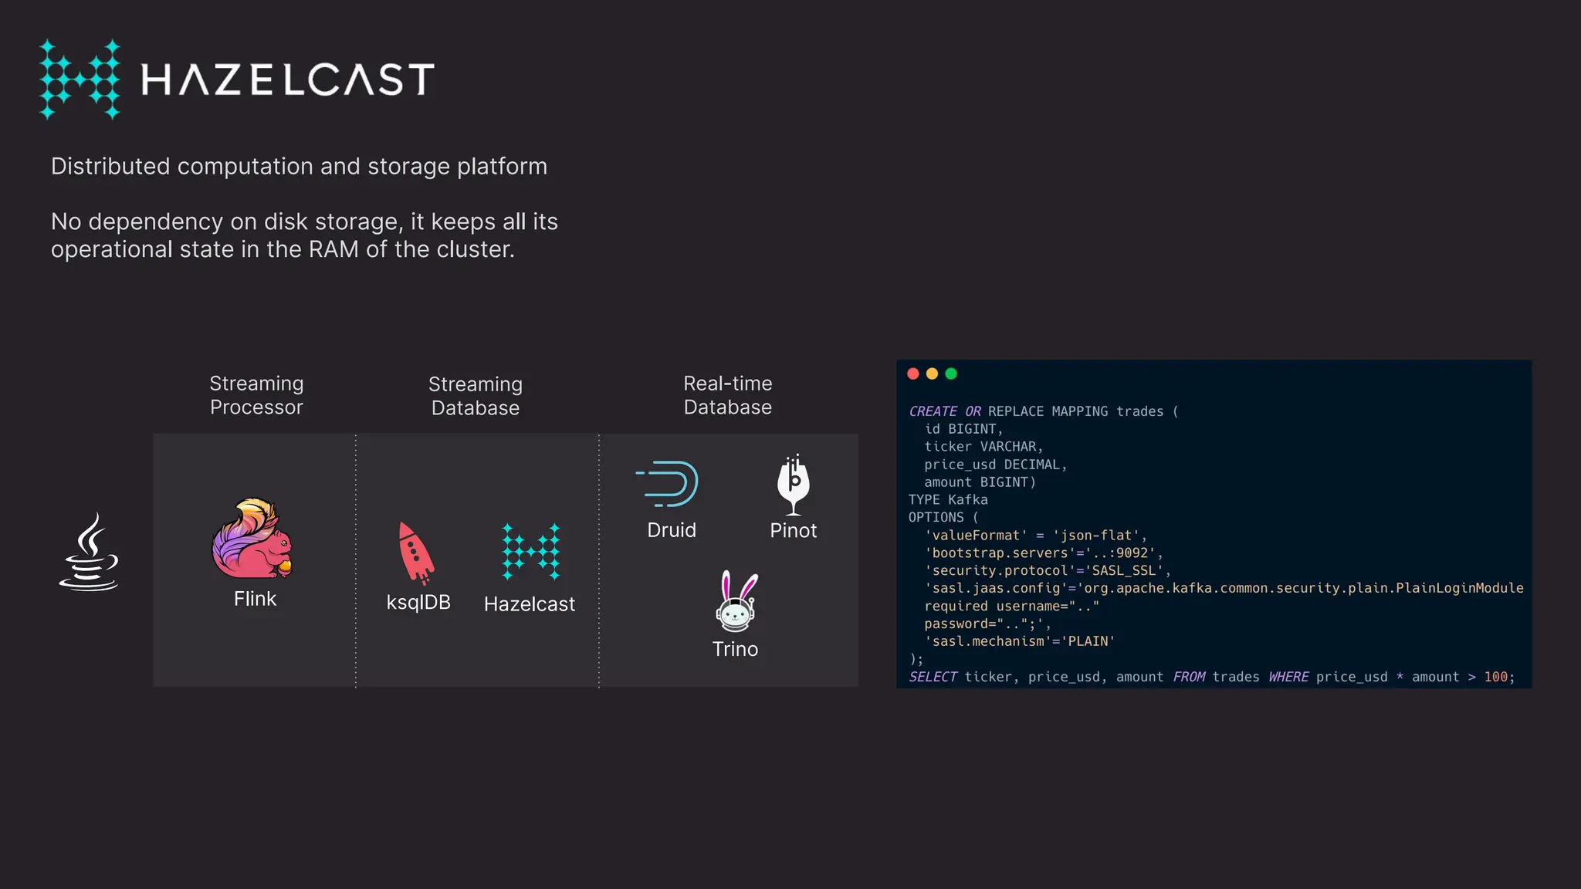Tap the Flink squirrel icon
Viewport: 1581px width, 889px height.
click(x=252, y=539)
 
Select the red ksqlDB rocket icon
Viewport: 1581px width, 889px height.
click(x=415, y=553)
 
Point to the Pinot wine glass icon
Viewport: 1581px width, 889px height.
click(x=793, y=485)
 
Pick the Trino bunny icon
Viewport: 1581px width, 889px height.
click(x=736, y=602)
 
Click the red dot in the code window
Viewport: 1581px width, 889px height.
click(x=913, y=374)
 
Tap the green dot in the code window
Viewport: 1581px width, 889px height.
click(x=951, y=374)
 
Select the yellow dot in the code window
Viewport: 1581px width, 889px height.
click(x=932, y=374)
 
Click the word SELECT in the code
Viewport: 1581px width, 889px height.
click(x=933, y=677)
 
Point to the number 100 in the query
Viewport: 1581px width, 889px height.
click(x=1495, y=677)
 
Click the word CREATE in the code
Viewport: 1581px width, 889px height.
click(x=933, y=411)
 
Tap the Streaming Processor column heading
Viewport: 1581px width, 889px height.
click(x=256, y=395)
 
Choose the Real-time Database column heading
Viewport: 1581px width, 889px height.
click(x=727, y=395)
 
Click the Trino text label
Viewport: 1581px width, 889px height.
click(x=735, y=649)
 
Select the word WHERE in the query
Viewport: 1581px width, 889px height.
click(x=1288, y=677)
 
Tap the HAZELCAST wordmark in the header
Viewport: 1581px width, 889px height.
click(x=287, y=79)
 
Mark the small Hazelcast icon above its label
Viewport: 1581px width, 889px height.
click(x=530, y=552)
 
